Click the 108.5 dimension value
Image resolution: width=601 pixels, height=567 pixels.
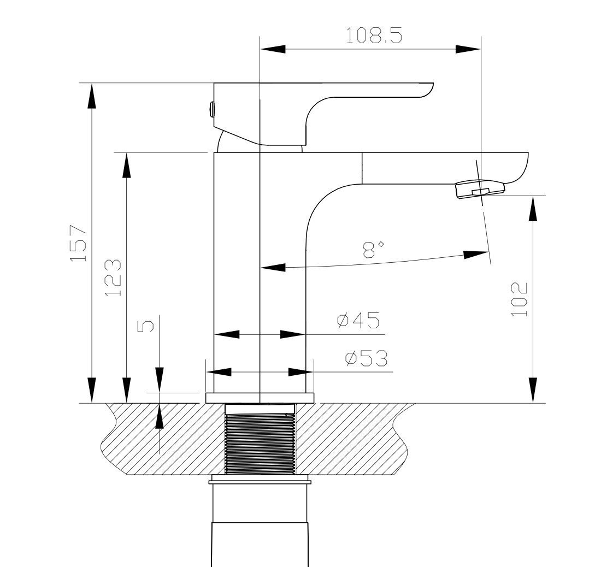coord(374,36)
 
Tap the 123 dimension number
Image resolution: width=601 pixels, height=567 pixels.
coord(113,277)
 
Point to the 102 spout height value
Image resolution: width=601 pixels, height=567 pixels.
coord(519,299)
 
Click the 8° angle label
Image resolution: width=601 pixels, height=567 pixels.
coord(373,249)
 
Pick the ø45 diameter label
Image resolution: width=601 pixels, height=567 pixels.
coord(358,321)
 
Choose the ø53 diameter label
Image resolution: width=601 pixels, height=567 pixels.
coord(366,358)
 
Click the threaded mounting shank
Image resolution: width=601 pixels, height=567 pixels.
coord(260,440)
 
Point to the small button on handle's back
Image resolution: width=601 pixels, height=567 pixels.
coord(211,109)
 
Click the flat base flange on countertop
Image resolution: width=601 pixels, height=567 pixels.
coord(260,398)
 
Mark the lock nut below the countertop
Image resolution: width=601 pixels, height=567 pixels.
coord(260,480)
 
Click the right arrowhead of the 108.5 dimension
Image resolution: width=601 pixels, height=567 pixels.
coord(469,49)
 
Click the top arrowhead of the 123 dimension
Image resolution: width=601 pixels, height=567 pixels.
coord(126,165)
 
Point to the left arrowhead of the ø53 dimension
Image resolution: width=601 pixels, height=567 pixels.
coord(218,372)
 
